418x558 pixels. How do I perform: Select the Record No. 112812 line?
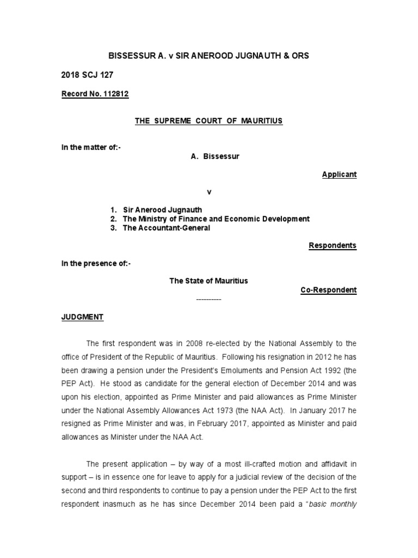point(96,94)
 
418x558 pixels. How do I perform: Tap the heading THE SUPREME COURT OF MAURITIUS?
point(209,121)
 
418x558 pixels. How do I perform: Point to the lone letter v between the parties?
point(208,192)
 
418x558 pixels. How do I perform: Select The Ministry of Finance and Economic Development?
point(216,219)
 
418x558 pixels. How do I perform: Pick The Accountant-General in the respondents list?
point(166,228)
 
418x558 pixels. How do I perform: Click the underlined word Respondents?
point(333,246)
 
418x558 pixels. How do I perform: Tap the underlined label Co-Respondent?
point(328,290)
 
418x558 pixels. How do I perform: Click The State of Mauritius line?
point(208,281)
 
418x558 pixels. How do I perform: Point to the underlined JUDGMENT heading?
point(82,317)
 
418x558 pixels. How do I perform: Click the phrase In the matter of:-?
point(91,148)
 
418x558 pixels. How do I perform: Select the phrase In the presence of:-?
point(96,264)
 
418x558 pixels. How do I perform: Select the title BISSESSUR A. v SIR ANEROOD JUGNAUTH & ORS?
point(209,56)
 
